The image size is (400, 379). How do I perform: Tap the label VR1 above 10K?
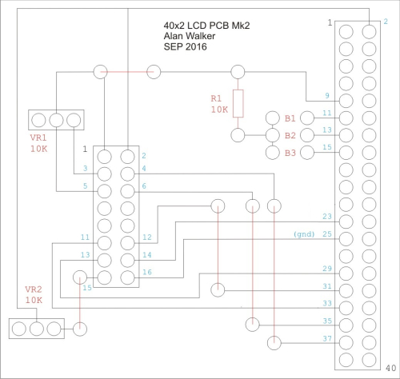pos(38,138)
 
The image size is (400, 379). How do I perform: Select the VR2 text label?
pos(34,289)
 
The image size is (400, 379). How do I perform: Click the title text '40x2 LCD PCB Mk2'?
pos(206,26)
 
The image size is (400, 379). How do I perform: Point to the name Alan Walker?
pos(190,36)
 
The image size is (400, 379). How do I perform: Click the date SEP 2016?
pos(186,46)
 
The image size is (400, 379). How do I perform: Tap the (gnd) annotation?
pos(304,234)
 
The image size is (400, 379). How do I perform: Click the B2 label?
pos(290,136)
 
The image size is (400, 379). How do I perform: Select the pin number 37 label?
pos(327,338)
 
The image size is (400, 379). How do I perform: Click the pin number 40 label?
pos(390,368)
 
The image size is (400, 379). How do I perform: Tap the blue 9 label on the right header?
pos(327,95)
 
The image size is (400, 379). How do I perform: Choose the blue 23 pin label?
pos(327,216)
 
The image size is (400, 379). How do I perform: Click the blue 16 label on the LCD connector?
pos(147,272)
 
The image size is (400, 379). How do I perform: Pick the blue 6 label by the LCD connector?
pos(144,186)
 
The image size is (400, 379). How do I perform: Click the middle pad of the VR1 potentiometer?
pos(56,120)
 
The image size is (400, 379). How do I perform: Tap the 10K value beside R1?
pos(219,110)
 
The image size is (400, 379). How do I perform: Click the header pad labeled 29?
pos(346,273)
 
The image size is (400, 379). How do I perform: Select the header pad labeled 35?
pos(346,325)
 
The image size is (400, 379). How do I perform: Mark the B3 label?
pos(290,153)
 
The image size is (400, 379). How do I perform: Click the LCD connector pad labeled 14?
pos(127,260)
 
